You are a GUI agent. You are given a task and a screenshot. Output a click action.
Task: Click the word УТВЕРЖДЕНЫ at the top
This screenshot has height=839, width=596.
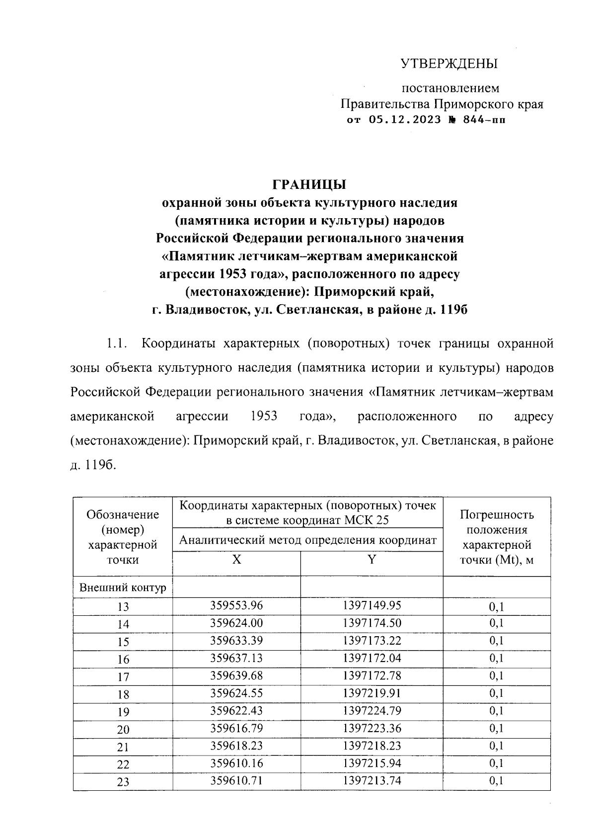click(x=449, y=64)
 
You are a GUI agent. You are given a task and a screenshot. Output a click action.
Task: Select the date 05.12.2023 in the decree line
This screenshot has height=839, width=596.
click(x=405, y=120)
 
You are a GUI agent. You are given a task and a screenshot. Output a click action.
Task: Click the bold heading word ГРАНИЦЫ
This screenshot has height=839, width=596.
click(x=309, y=184)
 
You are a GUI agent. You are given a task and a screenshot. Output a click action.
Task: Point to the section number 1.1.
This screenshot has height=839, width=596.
click(x=119, y=343)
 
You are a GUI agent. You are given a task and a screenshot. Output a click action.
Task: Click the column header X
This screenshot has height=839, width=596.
click(x=237, y=560)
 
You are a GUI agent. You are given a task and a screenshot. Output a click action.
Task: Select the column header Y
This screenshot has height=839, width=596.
click(x=372, y=560)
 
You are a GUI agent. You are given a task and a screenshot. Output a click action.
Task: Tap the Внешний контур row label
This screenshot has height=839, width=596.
click(x=123, y=588)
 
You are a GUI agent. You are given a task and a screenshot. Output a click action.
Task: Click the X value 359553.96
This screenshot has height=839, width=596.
click(x=236, y=605)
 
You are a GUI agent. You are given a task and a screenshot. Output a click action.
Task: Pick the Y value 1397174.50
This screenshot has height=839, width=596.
click(x=372, y=623)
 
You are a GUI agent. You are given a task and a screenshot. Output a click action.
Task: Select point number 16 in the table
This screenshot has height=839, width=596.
click(x=123, y=659)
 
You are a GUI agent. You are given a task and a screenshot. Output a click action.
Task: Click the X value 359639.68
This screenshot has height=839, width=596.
click(x=236, y=675)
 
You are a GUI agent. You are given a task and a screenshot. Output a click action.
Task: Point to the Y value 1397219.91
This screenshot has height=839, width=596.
click(x=372, y=693)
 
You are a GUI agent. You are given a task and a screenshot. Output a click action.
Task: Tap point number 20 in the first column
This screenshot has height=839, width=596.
click(x=123, y=729)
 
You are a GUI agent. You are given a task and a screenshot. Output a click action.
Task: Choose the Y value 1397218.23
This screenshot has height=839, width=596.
click(x=372, y=746)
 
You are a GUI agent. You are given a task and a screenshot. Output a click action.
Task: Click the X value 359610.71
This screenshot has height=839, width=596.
click(x=236, y=780)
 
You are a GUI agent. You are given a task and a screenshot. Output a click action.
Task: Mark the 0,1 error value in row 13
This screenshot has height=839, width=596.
click(x=496, y=606)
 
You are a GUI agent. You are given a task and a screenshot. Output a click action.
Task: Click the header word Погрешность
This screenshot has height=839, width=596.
click(x=497, y=514)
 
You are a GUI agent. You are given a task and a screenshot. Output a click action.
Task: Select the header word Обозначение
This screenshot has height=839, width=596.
click(x=123, y=514)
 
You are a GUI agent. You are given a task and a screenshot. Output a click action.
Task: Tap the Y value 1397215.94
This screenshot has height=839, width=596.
click(x=372, y=763)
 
